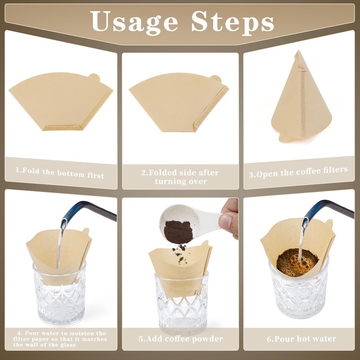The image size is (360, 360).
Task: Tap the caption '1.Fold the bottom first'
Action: pos(60,172)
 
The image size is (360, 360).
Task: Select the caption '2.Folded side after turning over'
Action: pos(180,177)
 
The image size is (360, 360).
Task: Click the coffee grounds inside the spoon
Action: pos(178,230)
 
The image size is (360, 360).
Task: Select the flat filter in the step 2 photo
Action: pos(175,101)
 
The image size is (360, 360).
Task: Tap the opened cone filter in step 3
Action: pos(301,101)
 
